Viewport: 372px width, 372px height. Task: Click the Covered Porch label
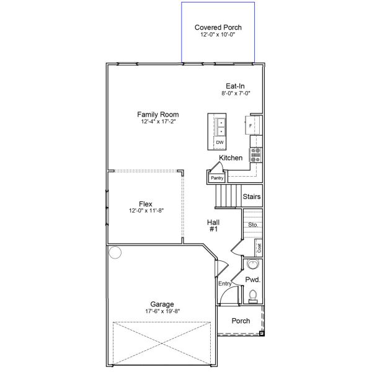click(218, 27)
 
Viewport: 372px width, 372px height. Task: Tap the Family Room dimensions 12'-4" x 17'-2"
click(157, 122)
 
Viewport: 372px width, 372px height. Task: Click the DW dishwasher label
click(219, 143)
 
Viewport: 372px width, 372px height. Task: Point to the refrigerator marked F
click(250, 126)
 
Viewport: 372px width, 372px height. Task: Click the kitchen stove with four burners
click(255, 155)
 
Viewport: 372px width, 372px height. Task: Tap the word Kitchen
click(231, 158)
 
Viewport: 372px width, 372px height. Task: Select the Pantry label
click(216, 178)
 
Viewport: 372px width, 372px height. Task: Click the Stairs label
click(252, 197)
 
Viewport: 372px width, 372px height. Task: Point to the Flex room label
click(146, 204)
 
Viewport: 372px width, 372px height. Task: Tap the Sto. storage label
click(252, 225)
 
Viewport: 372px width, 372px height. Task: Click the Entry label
click(224, 283)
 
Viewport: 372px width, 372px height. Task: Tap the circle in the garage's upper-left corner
click(115, 252)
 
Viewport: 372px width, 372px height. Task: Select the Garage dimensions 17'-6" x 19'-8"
click(162, 311)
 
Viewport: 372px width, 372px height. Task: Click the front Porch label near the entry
click(241, 321)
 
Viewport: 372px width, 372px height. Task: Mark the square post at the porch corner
click(261, 333)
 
